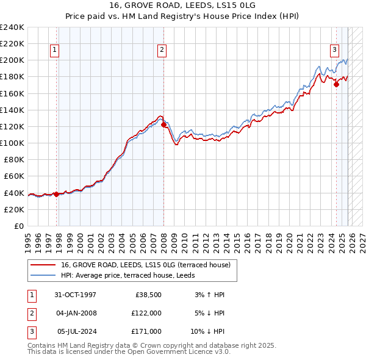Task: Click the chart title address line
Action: pyautogui.click(x=182, y=5)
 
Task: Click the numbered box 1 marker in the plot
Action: pyautogui.click(x=55, y=51)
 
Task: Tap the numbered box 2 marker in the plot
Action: pyautogui.click(x=162, y=51)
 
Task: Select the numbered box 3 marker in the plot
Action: pyautogui.click(x=334, y=51)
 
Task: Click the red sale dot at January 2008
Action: pyautogui.click(x=163, y=125)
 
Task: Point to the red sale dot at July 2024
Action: pyautogui.click(x=336, y=85)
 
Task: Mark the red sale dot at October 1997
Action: pyautogui.click(x=57, y=194)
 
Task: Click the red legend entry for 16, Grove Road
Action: pyautogui.click(x=145, y=265)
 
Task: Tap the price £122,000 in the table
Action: pyautogui.click(x=146, y=313)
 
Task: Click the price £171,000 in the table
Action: pyautogui.click(x=146, y=331)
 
